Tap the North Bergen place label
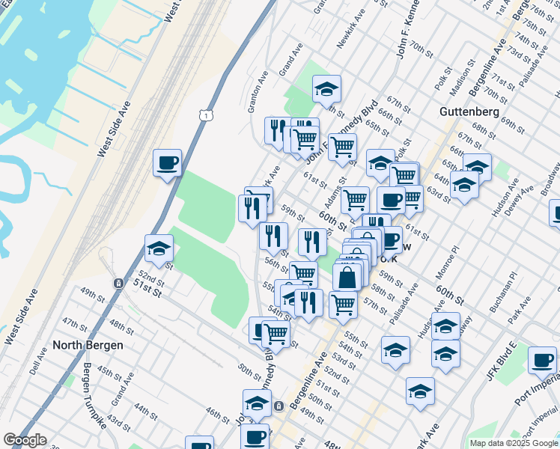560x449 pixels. coord(82,346)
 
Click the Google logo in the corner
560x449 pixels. coord(25,440)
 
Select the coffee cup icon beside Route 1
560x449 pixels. coord(167,162)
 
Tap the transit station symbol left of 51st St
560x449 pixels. coord(118,284)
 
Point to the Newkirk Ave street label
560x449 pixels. coord(351,30)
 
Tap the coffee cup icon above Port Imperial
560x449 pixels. coord(542,360)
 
